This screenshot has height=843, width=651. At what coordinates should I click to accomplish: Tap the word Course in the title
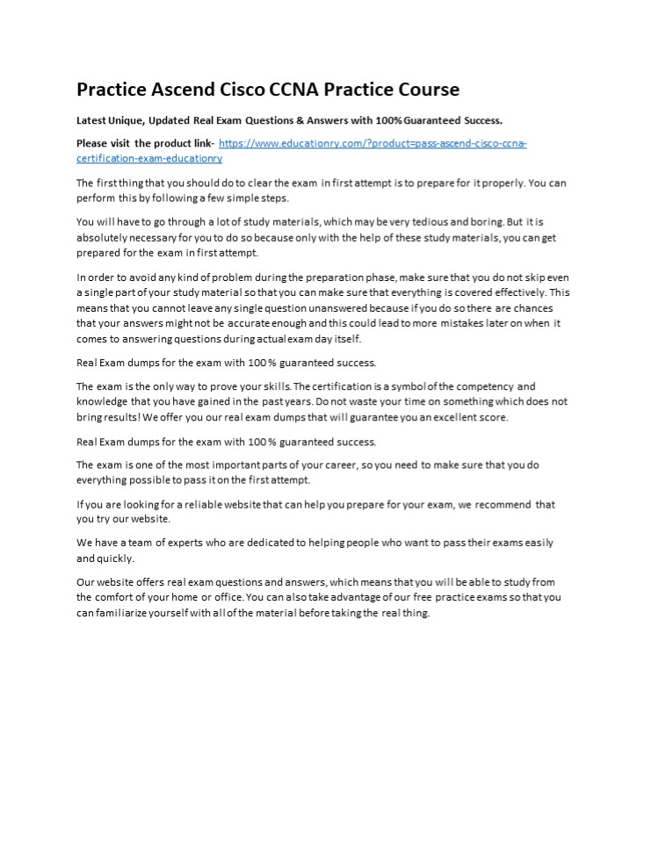424,90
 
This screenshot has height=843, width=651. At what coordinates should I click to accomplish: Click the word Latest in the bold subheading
93,119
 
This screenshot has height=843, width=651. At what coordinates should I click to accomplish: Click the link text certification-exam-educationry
149,158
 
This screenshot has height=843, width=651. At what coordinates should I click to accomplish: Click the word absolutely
105,238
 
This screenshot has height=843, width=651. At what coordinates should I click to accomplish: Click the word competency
480,386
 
